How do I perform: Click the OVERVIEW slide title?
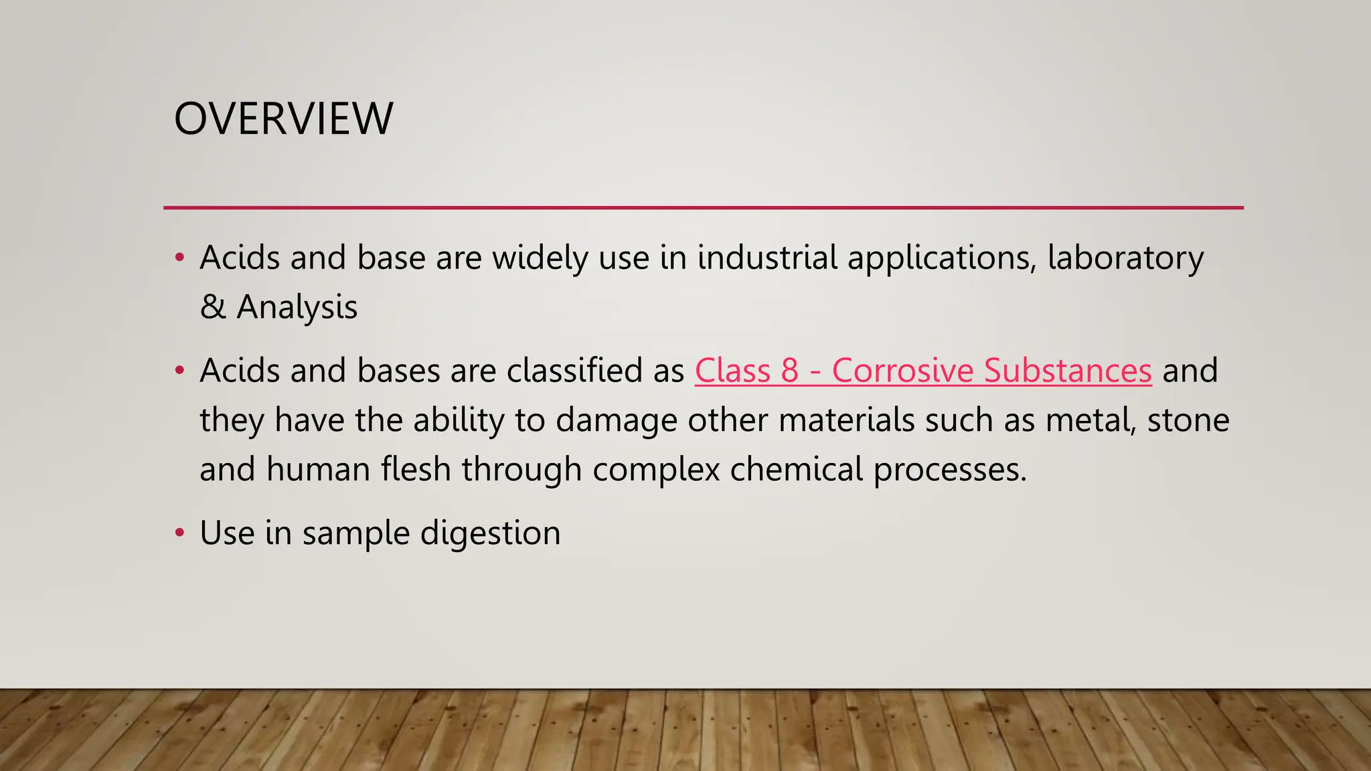point(283,119)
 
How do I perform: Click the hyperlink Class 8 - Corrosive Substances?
point(923,371)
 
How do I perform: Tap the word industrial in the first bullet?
point(767,258)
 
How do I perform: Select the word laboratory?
point(1125,259)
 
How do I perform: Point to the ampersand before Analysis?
point(213,307)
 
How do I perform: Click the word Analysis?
point(297,308)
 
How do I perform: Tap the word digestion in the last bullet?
point(490,533)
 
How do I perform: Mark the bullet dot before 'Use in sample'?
point(179,533)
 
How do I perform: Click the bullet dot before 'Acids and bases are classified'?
point(179,371)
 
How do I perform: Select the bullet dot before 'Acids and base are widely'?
point(179,258)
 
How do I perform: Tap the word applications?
point(942,259)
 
